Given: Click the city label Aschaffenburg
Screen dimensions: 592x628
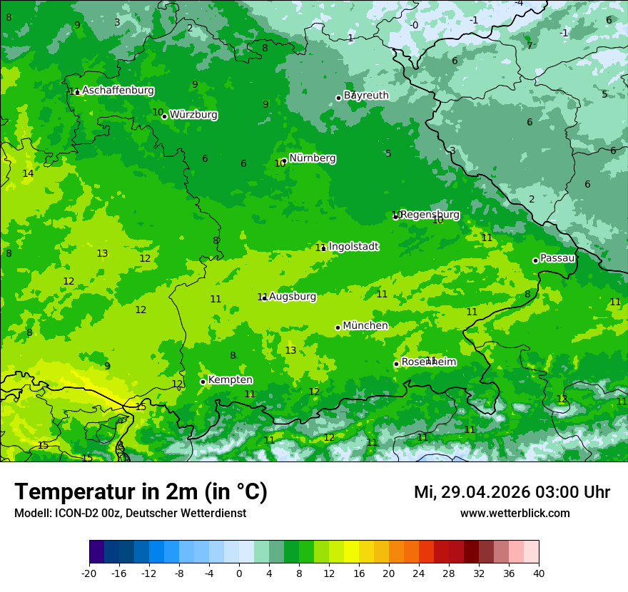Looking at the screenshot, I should point(118,91).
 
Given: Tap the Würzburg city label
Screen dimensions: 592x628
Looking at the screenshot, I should point(193,115).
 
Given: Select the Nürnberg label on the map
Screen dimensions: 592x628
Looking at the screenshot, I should point(313,158).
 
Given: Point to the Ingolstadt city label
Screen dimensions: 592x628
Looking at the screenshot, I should point(354,247).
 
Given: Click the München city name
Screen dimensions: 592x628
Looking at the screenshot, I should point(365,326).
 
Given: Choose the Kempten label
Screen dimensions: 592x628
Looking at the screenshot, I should point(230,380).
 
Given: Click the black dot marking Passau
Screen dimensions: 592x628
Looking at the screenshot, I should point(535,260).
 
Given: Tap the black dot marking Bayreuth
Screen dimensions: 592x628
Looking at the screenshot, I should point(338,98).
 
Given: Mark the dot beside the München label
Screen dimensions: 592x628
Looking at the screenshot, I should point(338,327).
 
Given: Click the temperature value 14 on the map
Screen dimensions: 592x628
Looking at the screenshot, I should point(28,173).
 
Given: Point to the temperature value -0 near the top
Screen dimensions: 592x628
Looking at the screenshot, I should point(414,25).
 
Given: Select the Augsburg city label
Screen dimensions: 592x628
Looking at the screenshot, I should point(293,297).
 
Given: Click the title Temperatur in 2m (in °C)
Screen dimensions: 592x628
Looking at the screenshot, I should point(141,492).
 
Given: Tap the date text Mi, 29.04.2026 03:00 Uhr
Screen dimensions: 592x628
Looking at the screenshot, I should point(512,492).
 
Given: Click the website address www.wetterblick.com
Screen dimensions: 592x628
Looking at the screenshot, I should point(515,514).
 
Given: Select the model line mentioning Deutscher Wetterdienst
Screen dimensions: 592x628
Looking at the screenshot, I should point(130,514).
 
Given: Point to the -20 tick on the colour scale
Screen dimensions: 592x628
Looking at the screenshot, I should point(89,573).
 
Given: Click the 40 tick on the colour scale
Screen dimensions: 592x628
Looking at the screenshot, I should point(539,573).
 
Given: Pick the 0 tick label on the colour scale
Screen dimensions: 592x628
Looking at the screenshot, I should point(239,573).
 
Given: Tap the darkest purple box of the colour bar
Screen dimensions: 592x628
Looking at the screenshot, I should point(96,552).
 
